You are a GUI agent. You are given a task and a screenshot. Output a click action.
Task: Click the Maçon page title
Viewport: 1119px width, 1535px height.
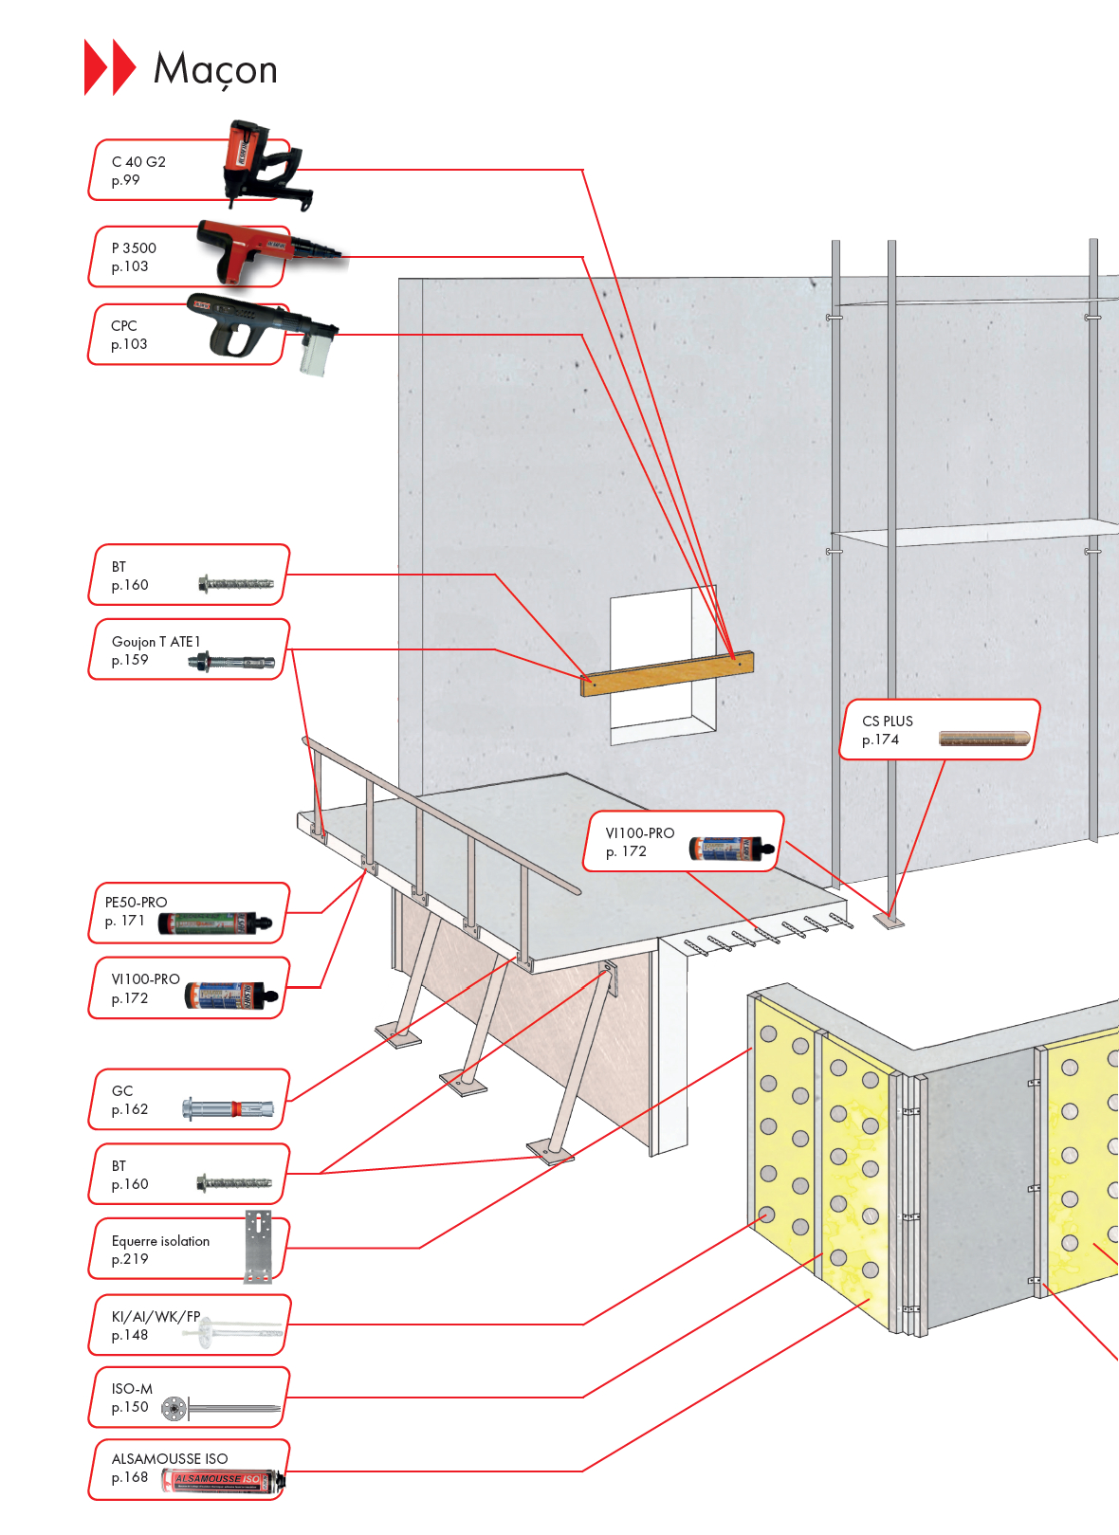coord(215,69)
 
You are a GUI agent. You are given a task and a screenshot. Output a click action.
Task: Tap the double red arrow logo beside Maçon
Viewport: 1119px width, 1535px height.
coord(110,67)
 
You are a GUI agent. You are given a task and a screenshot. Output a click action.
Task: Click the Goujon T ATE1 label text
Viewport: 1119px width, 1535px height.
coord(156,642)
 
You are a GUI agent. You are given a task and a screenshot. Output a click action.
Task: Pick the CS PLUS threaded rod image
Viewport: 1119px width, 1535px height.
coord(983,738)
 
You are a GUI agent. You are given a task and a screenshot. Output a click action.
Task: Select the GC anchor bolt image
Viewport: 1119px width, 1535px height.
coord(228,1108)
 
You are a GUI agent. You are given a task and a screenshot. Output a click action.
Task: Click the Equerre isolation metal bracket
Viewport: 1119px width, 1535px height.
coord(258,1246)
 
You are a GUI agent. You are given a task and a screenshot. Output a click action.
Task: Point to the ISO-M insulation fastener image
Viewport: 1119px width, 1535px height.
coord(220,1408)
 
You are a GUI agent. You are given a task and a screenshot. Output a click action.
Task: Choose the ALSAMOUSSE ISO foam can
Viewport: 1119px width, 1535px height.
coord(223,1480)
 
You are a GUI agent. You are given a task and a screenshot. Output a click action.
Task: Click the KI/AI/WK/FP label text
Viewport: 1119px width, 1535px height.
coord(156,1317)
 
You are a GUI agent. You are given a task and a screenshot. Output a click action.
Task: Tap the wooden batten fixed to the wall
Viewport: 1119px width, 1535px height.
coord(667,673)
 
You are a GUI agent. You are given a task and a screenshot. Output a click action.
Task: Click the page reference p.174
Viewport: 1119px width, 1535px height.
coord(880,740)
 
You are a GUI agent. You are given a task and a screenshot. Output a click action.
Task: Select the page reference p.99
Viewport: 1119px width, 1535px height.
coord(125,180)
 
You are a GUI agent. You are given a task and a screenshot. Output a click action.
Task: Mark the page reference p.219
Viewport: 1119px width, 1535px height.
coord(130,1259)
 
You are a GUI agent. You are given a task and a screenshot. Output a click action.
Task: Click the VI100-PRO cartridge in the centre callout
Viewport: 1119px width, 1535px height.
coord(730,847)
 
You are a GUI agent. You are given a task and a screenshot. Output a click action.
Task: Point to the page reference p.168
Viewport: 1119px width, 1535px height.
coord(130,1477)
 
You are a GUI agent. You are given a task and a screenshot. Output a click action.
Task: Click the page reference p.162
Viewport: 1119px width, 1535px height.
coord(130,1109)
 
